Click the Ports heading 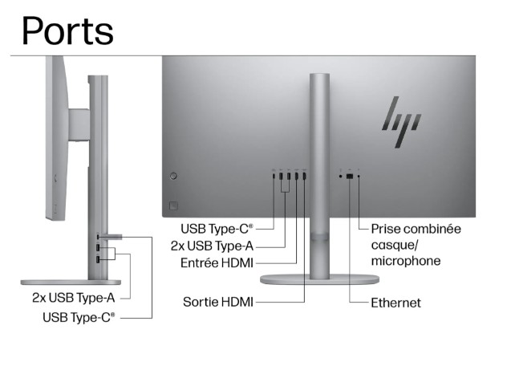coord(67,30)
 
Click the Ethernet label coord(395,303)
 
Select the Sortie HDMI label coord(219,302)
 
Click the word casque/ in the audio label coord(392,246)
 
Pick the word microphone coord(405,262)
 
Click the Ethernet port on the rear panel coord(350,176)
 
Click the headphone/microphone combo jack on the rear coord(359,176)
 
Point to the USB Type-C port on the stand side coord(98,237)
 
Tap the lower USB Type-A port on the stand coord(98,259)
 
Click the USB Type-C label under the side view coord(79,317)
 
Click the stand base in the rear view coord(319,278)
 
